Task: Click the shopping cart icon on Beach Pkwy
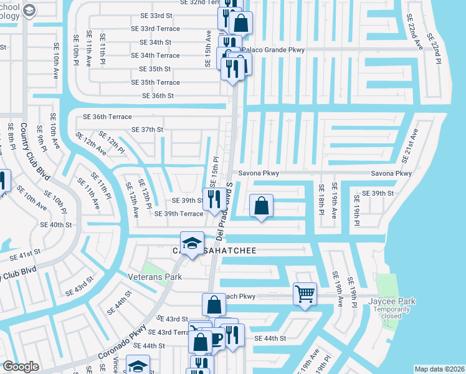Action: point(305,292)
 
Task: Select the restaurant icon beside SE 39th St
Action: point(214,199)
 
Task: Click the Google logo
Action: point(21,367)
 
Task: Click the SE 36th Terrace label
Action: point(107,117)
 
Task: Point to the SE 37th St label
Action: point(147,130)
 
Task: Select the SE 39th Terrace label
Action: point(179,214)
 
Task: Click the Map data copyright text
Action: point(439,368)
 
